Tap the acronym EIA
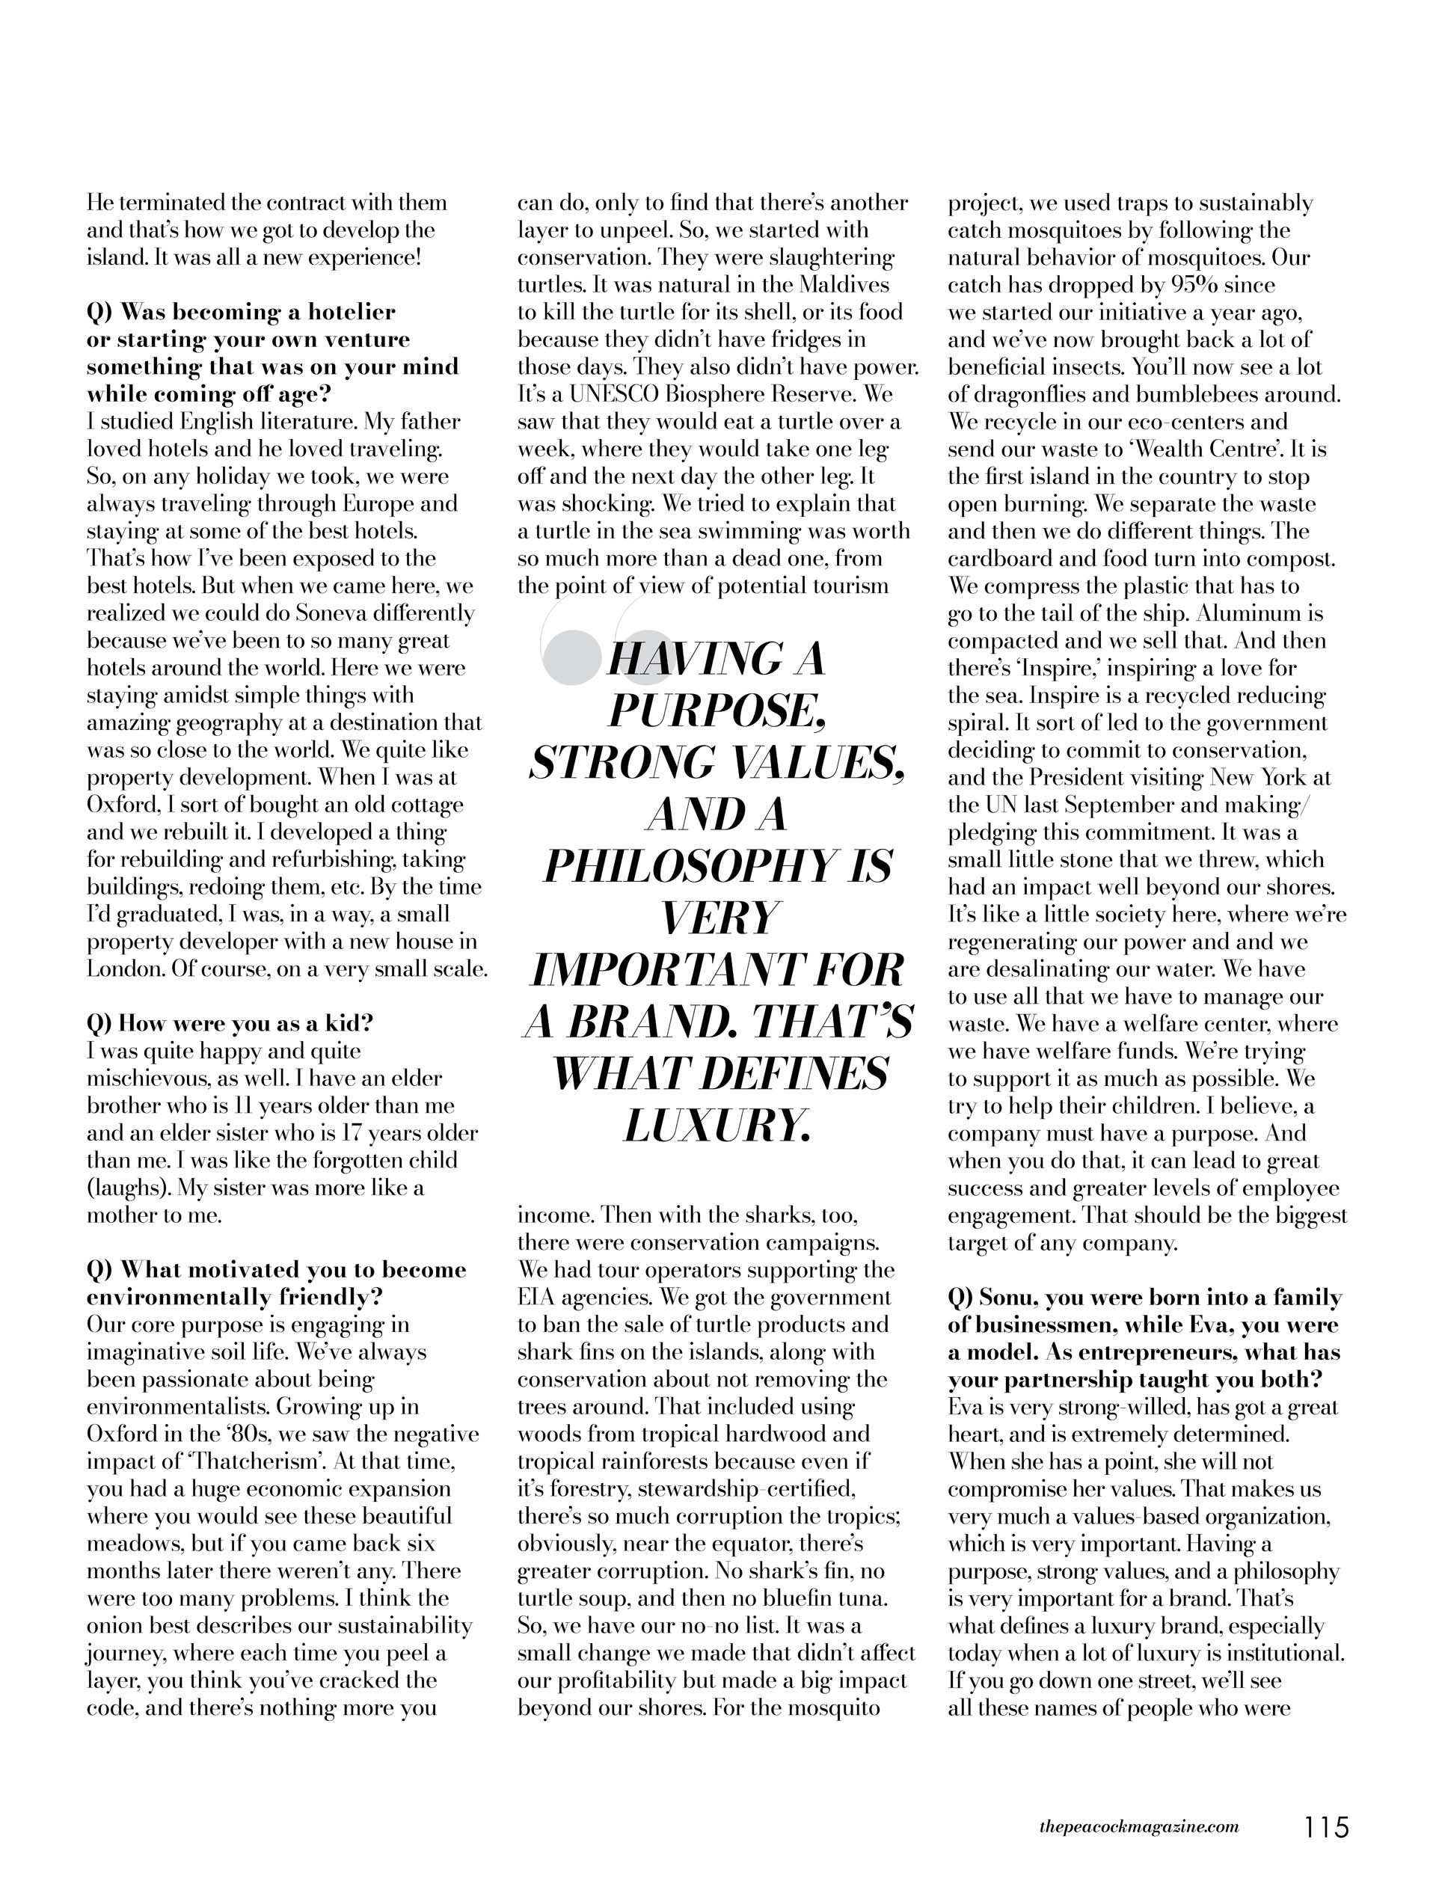537,1298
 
